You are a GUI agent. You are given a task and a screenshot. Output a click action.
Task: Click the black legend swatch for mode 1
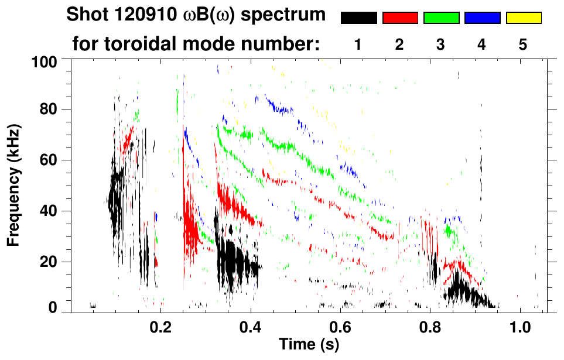click(x=358, y=18)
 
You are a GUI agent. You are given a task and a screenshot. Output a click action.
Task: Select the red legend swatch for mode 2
click(x=400, y=18)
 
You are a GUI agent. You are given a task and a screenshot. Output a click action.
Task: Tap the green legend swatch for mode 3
click(x=441, y=18)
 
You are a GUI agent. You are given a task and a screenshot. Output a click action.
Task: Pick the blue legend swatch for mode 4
click(x=482, y=18)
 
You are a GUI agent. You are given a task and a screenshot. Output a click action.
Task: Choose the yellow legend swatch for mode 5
click(x=523, y=18)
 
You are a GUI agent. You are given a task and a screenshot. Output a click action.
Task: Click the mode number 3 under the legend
click(x=441, y=44)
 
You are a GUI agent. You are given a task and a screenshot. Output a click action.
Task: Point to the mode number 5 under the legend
click(x=523, y=44)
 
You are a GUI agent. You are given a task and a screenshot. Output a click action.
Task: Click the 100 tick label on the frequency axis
click(x=45, y=61)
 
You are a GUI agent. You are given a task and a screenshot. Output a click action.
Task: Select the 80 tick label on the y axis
click(x=49, y=109)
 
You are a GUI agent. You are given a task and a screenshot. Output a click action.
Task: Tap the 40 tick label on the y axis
click(x=49, y=211)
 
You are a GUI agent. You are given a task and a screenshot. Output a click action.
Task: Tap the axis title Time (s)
click(x=308, y=345)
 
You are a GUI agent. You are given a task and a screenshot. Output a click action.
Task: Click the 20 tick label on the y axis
click(x=49, y=262)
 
